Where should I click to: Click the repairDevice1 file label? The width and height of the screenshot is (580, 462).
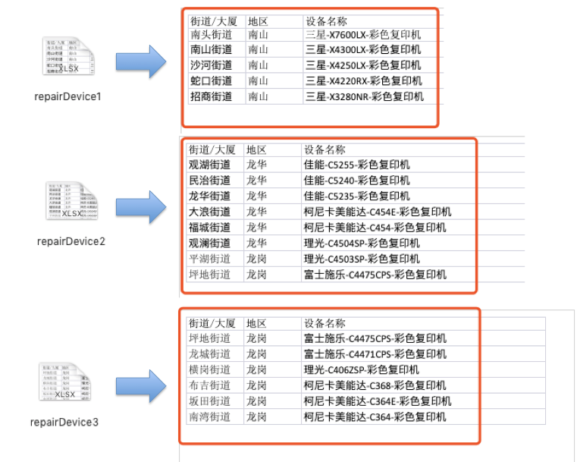pos(67,97)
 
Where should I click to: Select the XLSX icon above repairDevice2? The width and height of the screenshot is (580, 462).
pos(71,203)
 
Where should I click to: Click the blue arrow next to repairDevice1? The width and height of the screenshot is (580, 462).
pos(140,61)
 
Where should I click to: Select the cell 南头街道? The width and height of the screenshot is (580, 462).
pos(212,35)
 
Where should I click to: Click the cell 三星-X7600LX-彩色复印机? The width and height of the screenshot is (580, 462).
pos(363,35)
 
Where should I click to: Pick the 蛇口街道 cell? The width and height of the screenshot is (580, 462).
pos(212,81)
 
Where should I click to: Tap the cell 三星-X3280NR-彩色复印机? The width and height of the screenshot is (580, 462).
pos(364,96)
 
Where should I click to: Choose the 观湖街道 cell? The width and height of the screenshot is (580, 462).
pos(210,165)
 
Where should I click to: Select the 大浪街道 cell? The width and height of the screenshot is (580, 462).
pos(210,212)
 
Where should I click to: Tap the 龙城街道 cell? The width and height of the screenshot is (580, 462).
pos(210,354)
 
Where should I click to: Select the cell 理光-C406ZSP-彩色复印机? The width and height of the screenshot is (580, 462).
pos(362,369)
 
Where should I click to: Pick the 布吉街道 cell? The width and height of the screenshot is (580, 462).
pos(210,385)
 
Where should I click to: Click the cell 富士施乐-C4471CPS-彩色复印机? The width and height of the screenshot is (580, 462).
pos(375,354)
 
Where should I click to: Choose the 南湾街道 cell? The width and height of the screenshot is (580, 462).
pos(210,416)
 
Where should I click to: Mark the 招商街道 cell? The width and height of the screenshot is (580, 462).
pos(212,96)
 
